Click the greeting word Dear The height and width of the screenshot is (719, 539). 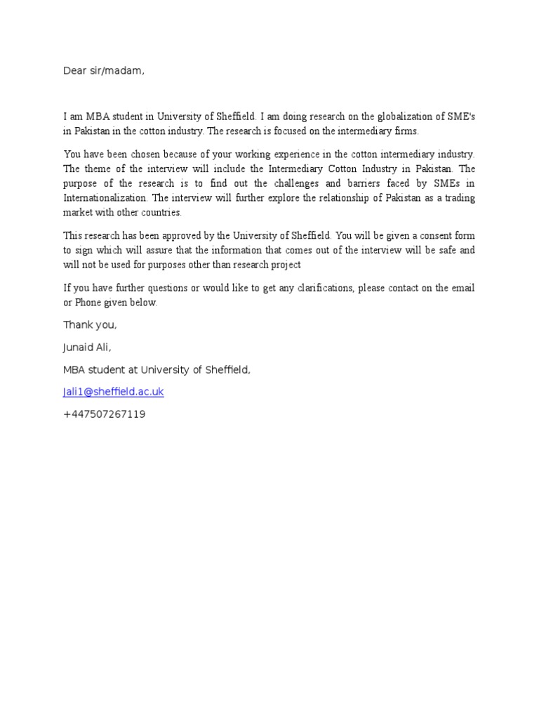74,70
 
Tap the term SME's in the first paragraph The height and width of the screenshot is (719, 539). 460,116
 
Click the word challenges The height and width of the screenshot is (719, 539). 305,183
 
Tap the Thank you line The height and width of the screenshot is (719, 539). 90,324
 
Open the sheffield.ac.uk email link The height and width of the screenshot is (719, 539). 114,392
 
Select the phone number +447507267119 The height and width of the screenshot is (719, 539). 104,414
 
